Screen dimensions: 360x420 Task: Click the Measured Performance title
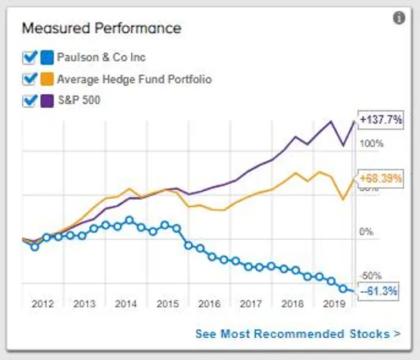[101, 28]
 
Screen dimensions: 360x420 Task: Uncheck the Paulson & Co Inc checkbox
[31, 57]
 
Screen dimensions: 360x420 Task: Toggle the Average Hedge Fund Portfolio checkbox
[31, 79]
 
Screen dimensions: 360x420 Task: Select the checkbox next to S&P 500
[31, 101]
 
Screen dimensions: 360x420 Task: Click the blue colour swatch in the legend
[47, 57]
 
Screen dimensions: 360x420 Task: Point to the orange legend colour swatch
[47, 79]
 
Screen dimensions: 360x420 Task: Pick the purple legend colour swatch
[47, 101]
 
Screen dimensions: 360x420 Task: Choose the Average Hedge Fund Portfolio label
[134, 79]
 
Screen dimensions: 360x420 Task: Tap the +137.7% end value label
[381, 119]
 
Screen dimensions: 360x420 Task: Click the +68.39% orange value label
[381, 176]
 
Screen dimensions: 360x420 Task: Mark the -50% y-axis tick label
[372, 276]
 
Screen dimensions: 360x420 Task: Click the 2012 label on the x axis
[43, 303]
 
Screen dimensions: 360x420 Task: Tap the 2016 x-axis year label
[208, 303]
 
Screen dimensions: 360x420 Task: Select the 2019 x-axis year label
[332, 303]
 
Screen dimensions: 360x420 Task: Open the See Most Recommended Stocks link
[298, 334]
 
